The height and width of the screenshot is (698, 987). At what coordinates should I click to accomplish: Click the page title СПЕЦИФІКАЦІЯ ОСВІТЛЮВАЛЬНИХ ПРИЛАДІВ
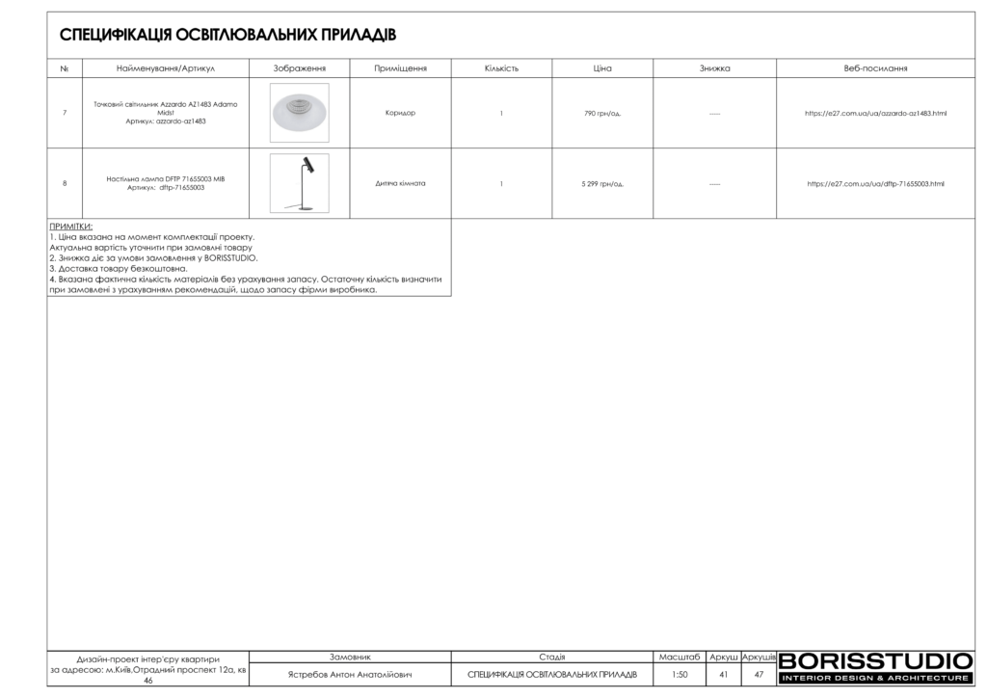[x=227, y=36]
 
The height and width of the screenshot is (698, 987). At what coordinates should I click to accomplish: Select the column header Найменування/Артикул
[x=165, y=69]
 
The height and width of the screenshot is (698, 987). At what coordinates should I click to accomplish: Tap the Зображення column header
[x=299, y=69]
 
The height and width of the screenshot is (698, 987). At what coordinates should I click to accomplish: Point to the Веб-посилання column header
[x=875, y=69]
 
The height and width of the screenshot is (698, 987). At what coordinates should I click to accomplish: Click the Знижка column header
[x=714, y=69]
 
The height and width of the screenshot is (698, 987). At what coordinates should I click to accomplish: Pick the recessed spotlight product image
[x=299, y=113]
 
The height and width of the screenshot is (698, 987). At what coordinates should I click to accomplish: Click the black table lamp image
[x=299, y=183]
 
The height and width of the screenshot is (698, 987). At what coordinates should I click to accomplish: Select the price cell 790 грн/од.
[x=602, y=114]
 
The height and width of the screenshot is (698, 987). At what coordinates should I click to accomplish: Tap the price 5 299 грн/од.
[x=602, y=183]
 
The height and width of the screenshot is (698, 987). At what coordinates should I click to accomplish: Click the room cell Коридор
[x=400, y=114]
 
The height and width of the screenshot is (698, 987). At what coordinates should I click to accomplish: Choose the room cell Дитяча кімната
[x=400, y=183]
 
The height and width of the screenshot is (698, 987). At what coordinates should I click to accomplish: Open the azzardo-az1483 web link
[x=875, y=114]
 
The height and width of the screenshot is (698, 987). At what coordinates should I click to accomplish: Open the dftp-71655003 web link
[x=875, y=183]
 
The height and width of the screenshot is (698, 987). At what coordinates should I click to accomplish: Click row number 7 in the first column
[x=65, y=114]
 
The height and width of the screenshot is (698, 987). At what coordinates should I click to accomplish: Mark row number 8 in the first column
[x=65, y=183]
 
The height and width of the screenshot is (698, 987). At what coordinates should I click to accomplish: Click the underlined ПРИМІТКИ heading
[x=70, y=227]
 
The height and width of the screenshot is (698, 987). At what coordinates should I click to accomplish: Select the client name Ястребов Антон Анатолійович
[x=350, y=675]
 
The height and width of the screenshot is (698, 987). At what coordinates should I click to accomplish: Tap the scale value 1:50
[x=679, y=675]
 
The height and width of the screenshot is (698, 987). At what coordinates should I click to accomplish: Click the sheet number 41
[x=723, y=675]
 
